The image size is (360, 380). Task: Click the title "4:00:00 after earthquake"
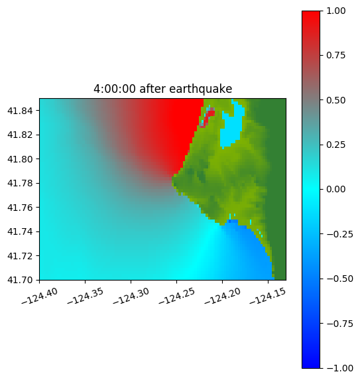tap(163, 89)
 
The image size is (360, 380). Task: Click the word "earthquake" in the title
tap(201, 89)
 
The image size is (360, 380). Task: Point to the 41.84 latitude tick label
tap(20, 111)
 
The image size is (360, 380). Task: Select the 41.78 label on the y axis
tap(20, 183)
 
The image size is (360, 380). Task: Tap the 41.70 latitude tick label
tap(20, 280)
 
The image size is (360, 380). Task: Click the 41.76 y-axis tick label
tap(20, 208)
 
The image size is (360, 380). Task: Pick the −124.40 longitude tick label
tap(39, 296)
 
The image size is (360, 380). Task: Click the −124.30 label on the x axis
tap(131, 296)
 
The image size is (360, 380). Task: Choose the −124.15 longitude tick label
tap(267, 296)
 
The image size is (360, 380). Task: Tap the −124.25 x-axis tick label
tap(176, 296)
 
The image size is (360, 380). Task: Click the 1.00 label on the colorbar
tap(336, 11)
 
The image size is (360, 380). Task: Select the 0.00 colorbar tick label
tap(336, 189)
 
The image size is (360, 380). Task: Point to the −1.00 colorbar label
tap(339, 368)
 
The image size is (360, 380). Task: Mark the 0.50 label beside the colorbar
tap(336, 100)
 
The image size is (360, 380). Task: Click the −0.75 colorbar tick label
tap(339, 324)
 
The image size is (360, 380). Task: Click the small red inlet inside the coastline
tap(208, 117)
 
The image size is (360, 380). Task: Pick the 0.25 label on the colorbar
tap(336, 145)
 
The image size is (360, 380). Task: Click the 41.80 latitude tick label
tap(20, 159)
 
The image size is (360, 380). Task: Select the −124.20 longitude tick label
tap(222, 296)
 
